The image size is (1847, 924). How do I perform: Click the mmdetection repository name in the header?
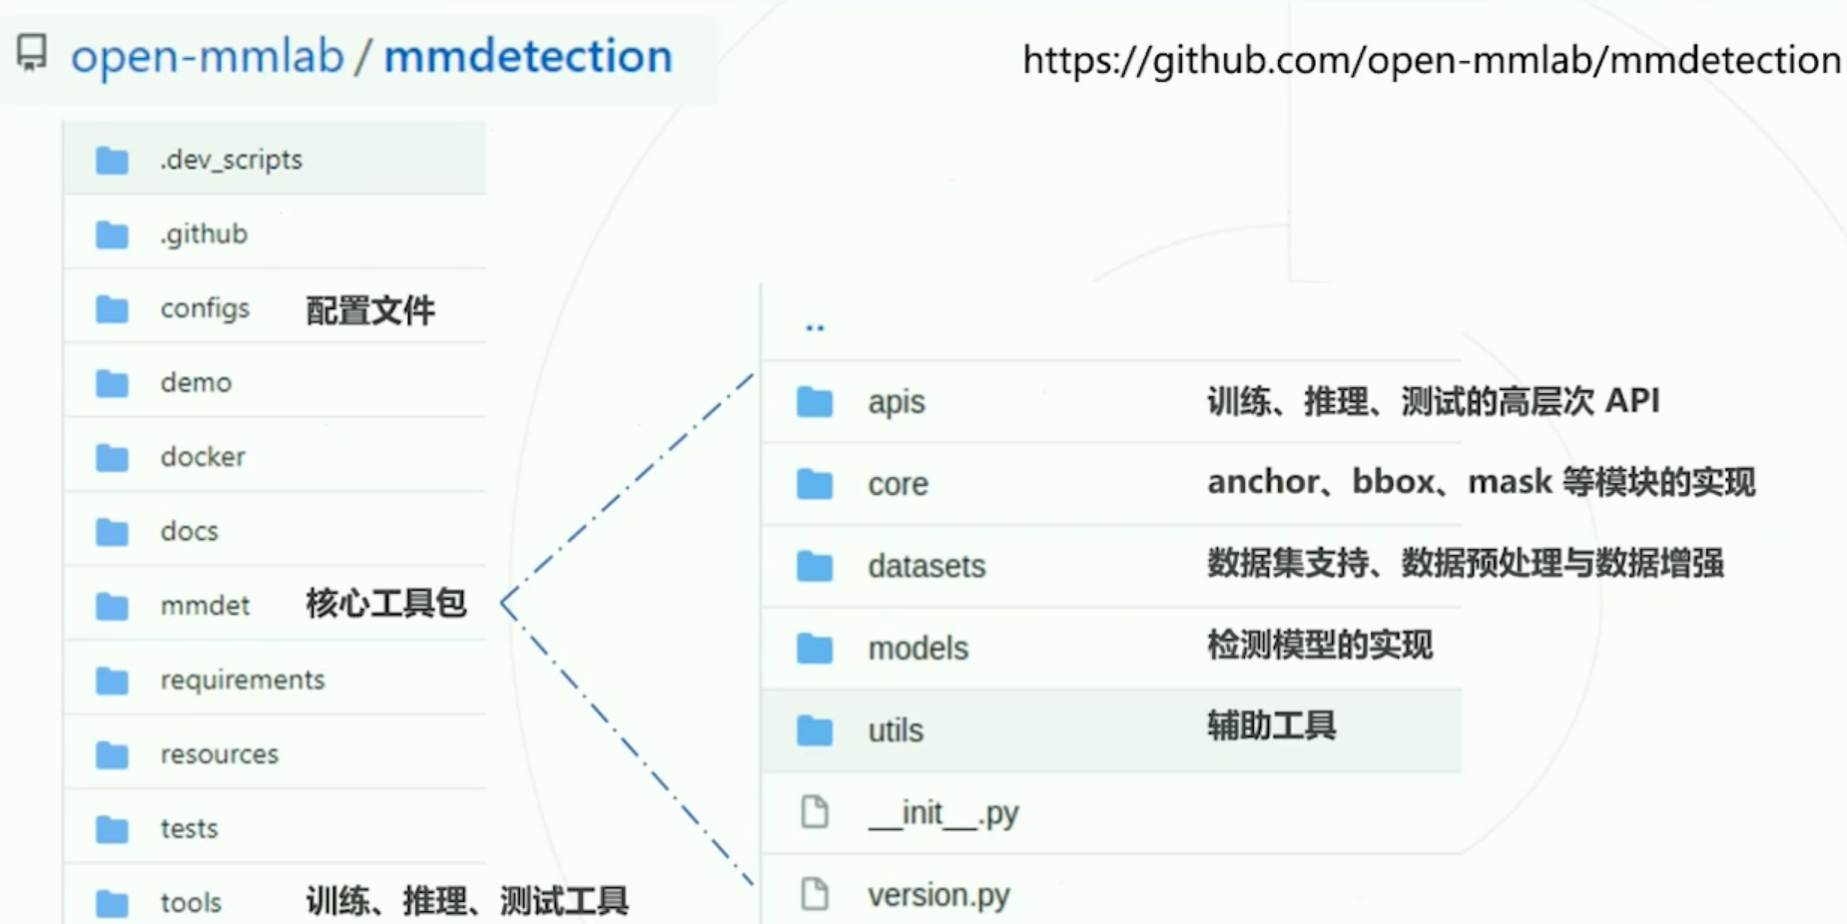527,56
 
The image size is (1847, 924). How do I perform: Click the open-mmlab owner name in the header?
207,56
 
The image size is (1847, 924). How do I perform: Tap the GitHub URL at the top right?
1431,60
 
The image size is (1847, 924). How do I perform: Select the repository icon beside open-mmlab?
32,53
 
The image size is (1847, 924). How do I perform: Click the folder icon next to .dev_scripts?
112,160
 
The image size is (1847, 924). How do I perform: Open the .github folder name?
204,234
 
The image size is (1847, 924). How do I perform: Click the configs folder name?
205,308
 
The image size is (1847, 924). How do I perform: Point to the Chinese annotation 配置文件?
369,310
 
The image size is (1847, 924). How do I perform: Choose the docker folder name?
203,457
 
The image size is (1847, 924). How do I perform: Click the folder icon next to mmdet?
112,606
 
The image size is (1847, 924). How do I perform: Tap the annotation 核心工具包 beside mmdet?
385,604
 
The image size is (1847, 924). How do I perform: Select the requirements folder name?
243,680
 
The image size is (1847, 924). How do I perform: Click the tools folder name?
191,902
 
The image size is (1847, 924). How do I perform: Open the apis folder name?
896,402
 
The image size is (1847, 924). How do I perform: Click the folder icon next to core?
815,484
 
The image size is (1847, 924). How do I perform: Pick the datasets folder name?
925,567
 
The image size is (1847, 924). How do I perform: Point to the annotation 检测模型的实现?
1319,645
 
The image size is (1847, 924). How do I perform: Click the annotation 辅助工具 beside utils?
1271,725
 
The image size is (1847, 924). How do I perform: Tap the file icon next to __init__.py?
815,812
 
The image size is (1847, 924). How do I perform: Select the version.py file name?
937,895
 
